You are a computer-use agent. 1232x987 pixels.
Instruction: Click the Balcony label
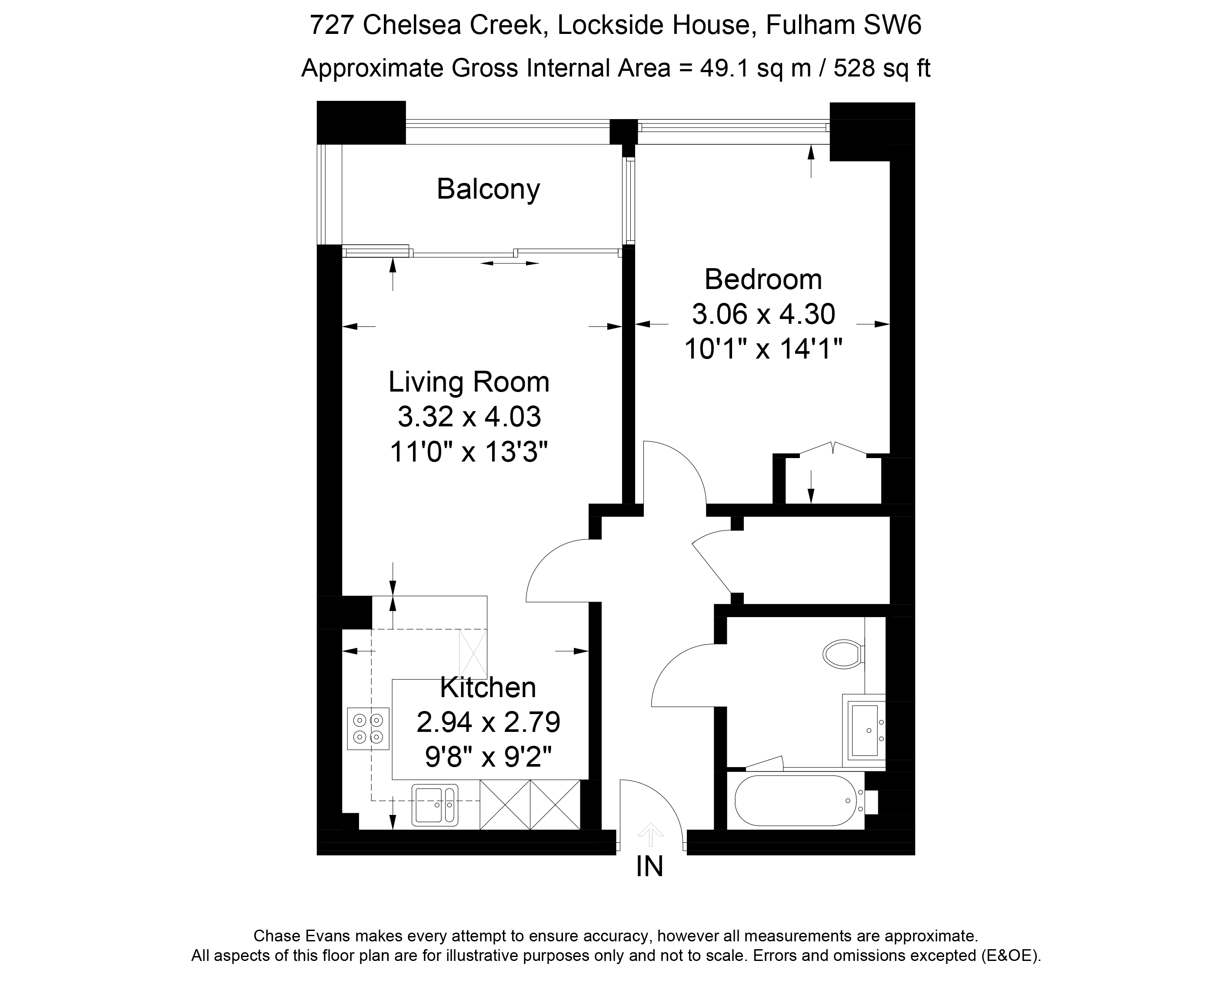tap(488, 189)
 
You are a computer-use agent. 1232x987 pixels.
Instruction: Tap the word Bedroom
tap(763, 279)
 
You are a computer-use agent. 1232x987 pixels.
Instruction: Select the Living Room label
tap(469, 382)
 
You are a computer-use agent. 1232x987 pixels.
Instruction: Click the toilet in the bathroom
tap(843, 654)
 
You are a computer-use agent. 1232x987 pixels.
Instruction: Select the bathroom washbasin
tap(864, 730)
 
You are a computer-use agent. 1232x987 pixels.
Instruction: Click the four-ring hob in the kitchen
tap(368, 729)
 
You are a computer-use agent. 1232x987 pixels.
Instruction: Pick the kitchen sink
tap(435, 805)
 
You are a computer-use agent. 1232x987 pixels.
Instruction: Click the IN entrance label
tap(650, 867)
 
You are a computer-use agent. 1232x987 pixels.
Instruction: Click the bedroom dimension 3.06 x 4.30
tap(763, 314)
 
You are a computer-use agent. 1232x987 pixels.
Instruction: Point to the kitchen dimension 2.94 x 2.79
tap(488, 723)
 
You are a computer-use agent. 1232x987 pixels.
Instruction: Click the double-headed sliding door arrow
tap(510, 263)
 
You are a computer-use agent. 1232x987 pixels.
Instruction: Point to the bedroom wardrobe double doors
tap(833, 449)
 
